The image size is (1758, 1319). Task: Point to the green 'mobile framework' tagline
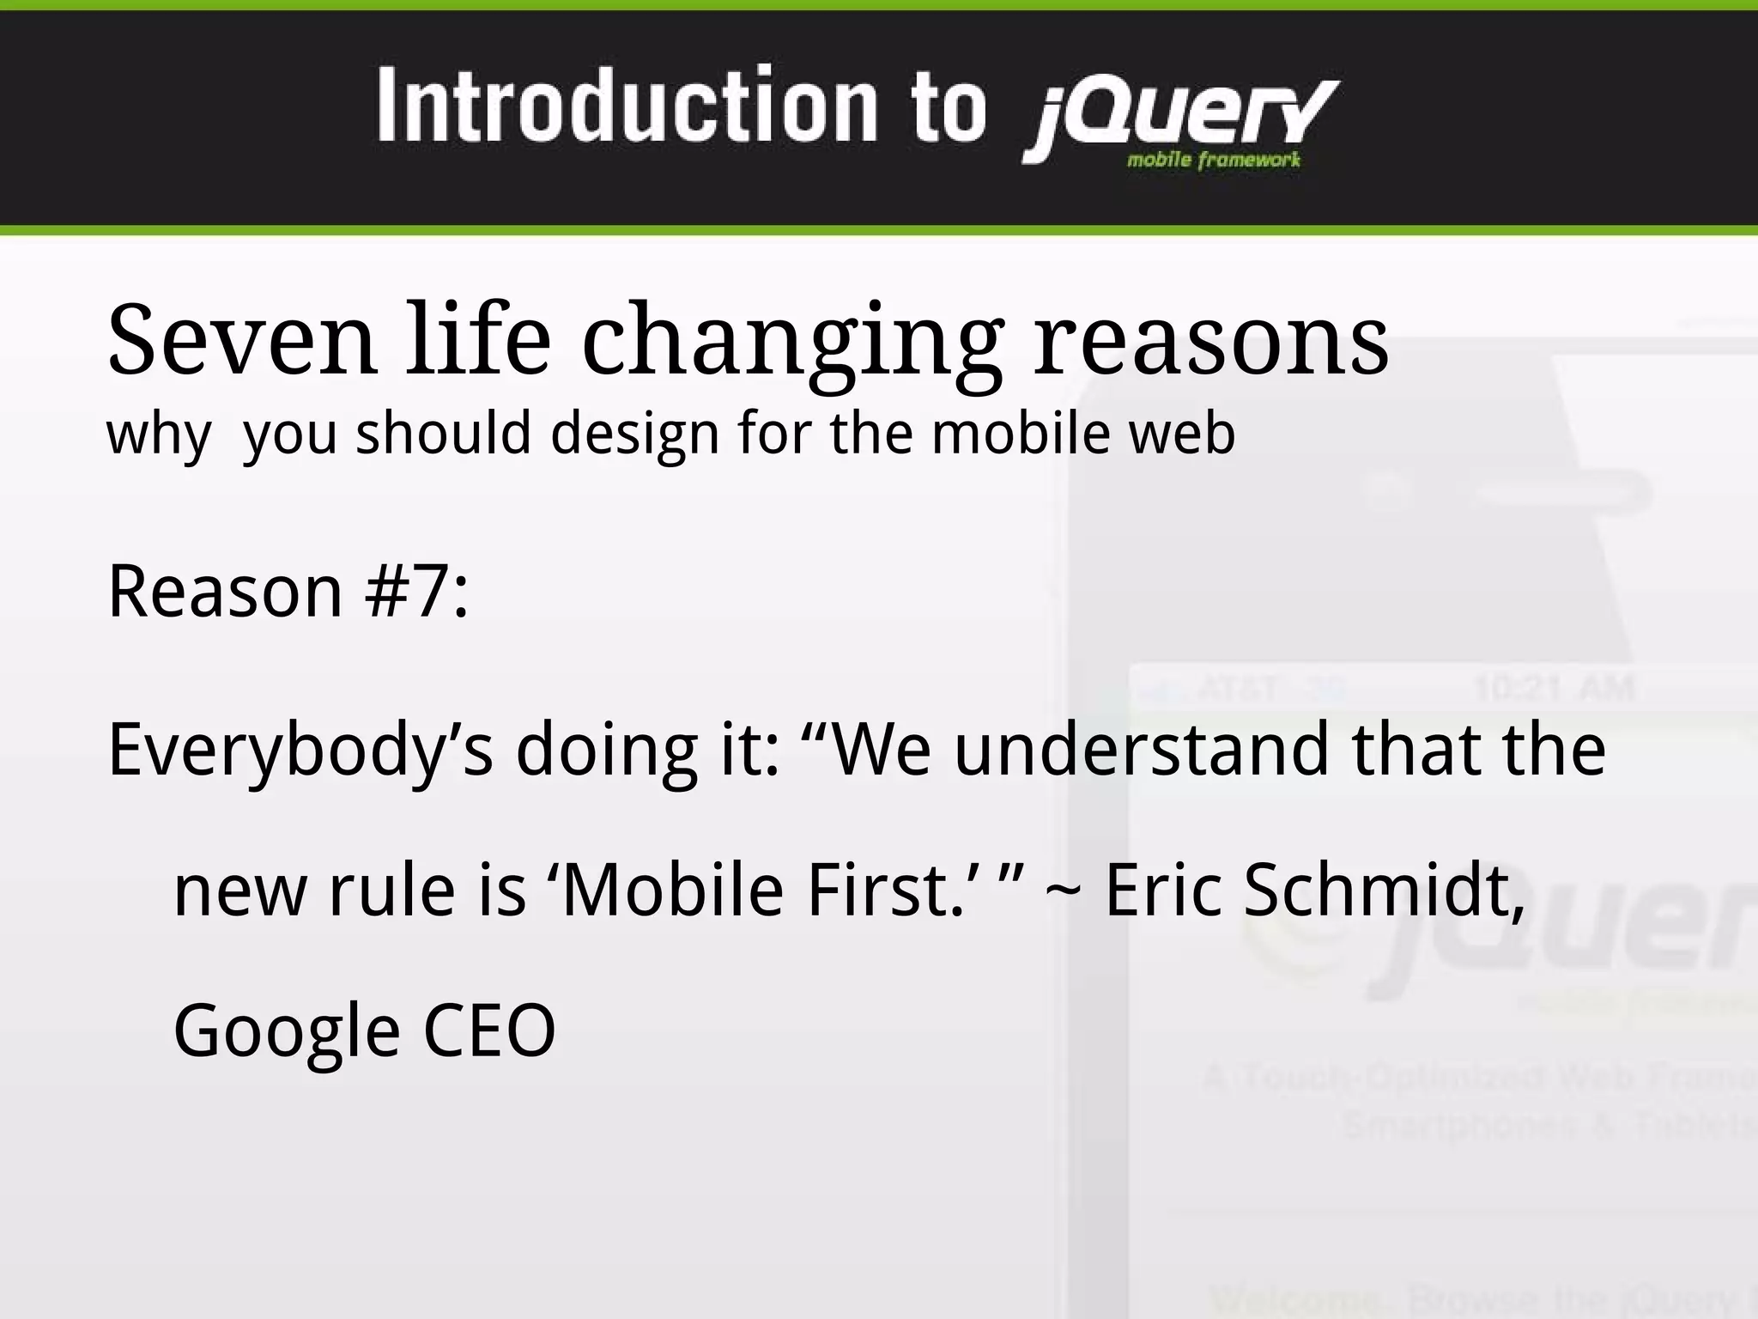coord(1213,160)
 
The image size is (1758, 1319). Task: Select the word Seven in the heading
coord(241,340)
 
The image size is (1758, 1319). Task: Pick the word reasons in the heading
coord(1209,342)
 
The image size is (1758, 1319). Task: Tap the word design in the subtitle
coord(634,434)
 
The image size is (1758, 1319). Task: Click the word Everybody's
coord(300,750)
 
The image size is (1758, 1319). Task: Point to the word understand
coord(1141,748)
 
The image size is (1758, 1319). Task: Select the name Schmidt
coord(1383,890)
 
